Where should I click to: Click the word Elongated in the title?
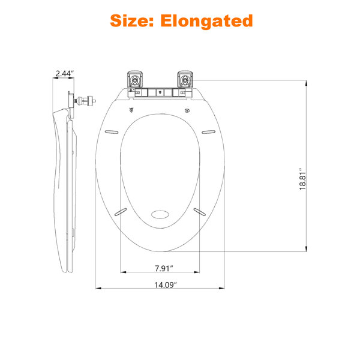pos(206,21)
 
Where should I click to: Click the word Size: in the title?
pos(132,20)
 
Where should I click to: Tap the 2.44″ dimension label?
pos(65,73)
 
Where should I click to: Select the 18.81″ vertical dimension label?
pos(303,181)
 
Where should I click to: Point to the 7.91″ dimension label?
pos(164,268)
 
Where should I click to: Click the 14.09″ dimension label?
pos(166,284)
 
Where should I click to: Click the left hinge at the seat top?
pos(135,79)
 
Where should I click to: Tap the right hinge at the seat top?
pos(185,79)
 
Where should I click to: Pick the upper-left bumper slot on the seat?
pos(112,132)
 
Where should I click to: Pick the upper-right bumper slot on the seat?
pos(208,132)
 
